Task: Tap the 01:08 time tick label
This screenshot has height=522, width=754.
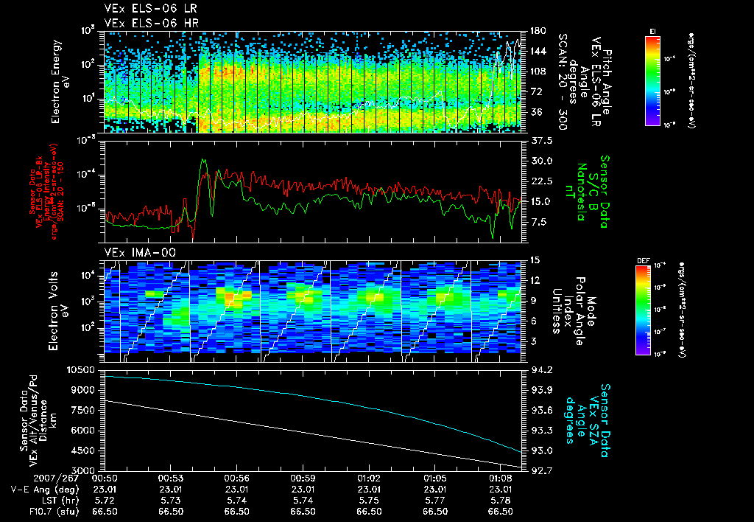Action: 501,478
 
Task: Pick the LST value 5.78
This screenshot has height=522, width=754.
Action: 501,499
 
